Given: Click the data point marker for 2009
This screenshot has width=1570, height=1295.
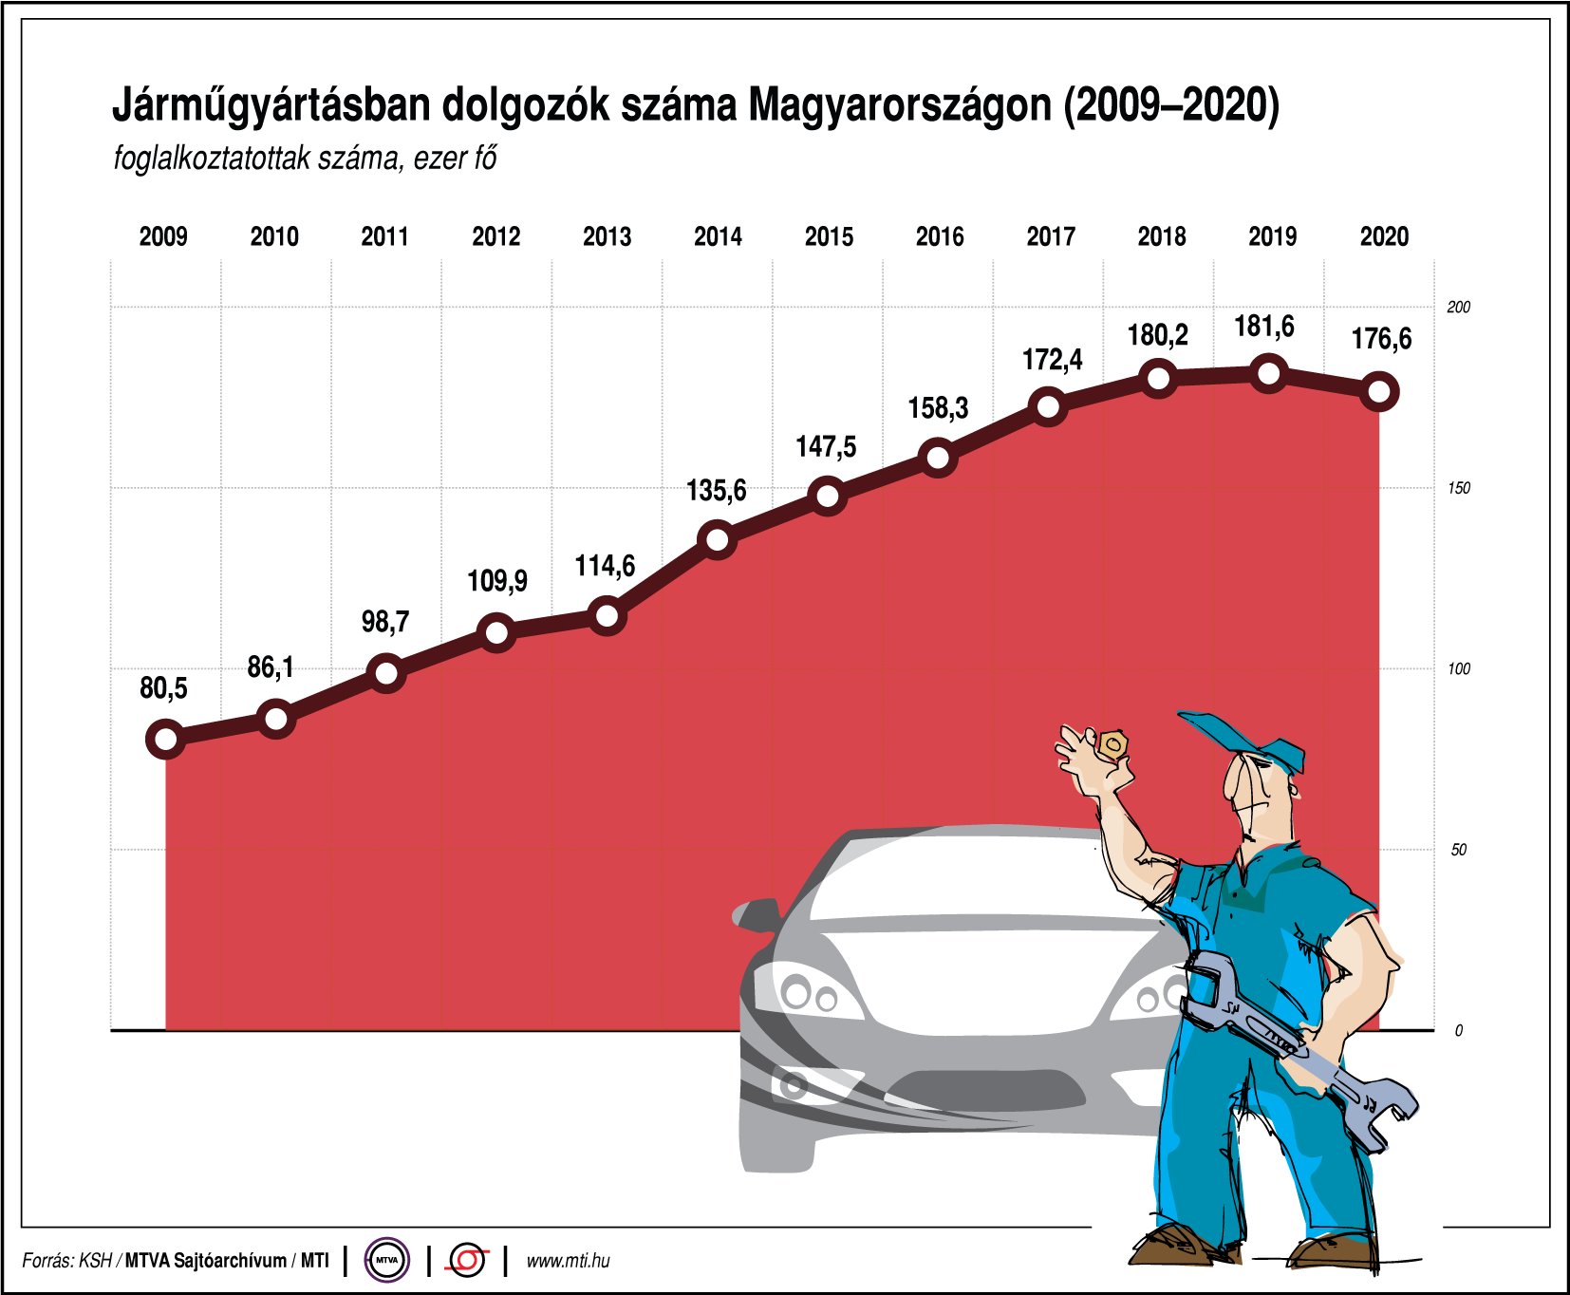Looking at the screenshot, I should coord(165,739).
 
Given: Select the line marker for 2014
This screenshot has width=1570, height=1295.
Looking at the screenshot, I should coord(718,539).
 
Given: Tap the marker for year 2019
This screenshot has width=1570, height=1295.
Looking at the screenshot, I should coord(1270,373).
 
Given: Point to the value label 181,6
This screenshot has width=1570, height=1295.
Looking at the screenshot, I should coord(1263,327).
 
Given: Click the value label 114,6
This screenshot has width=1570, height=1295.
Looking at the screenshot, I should coord(605,566).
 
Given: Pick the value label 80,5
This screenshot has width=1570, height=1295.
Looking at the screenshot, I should coord(163,687).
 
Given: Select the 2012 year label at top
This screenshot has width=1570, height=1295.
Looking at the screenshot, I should coord(495,236).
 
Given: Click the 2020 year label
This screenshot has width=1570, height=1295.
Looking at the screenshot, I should coord(1384,236).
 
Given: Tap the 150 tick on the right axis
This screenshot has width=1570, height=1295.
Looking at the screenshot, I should coord(1458,488).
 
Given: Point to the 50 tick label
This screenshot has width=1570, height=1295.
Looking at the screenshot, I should coord(1458,850).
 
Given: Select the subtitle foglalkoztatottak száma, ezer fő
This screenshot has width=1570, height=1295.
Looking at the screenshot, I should coord(305,158).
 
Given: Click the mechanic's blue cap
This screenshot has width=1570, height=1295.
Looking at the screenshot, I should coord(1243,737).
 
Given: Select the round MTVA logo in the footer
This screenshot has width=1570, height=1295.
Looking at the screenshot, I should coord(386,1261).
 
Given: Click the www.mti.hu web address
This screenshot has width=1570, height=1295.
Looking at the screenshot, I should coord(568,1261).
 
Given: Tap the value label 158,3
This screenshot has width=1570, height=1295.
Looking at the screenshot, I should coord(938,408).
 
